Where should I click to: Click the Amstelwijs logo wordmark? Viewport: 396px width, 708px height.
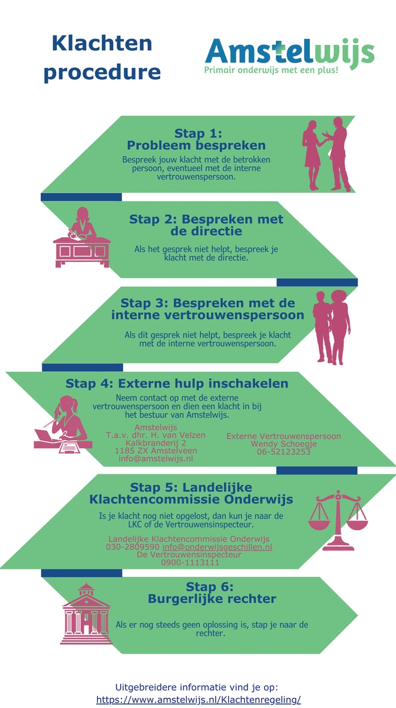[x=290, y=52]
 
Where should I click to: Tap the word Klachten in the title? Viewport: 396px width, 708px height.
[x=102, y=43]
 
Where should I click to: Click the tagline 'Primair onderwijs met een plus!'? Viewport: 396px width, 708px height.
[x=271, y=70]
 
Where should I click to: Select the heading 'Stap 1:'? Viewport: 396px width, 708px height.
[x=199, y=133]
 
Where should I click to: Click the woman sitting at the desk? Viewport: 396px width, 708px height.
[x=81, y=237]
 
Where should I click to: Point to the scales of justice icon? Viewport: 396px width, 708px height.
[x=338, y=520]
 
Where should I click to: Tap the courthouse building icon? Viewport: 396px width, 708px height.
[x=86, y=614]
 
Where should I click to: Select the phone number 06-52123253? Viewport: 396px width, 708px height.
[x=283, y=452]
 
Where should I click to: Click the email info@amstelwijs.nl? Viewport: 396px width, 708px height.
[x=156, y=458]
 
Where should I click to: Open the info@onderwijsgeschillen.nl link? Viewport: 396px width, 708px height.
[x=217, y=547]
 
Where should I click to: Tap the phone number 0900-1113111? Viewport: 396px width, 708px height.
[x=190, y=563]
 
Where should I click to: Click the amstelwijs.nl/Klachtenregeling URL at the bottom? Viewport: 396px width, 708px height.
[x=199, y=700]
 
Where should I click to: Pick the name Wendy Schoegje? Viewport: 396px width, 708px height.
[x=283, y=444]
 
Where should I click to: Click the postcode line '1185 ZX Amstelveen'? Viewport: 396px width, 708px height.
[x=156, y=451]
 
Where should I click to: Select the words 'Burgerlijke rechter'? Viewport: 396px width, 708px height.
[x=212, y=599]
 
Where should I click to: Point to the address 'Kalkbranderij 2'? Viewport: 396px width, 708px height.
[x=156, y=443]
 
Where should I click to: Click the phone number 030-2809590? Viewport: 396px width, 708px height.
[x=133, y=547]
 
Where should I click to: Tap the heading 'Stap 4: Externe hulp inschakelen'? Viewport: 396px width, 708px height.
[x=177, y=383]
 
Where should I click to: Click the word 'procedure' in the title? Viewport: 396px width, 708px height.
[x=102, y=73]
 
